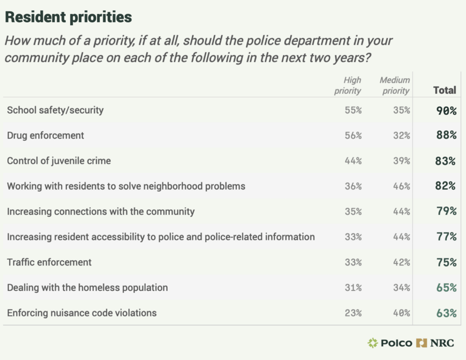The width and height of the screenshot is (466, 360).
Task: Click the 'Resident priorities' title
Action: [68, 17]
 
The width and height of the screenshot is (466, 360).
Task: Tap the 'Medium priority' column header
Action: [395, 85]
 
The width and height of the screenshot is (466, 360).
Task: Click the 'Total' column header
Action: [444, 90]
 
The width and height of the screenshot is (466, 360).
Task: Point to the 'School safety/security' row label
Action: [55, 110]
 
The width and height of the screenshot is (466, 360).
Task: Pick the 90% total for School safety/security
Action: [445, 110]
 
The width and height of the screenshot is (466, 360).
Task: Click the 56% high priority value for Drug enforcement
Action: [353, 136]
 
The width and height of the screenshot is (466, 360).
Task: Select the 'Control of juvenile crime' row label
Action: [59, 160]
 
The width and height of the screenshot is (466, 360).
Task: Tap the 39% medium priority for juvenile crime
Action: [401, 161]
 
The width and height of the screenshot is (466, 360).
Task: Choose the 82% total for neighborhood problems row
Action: [445, 186]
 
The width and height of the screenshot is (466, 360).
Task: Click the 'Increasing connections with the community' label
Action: [100, 211]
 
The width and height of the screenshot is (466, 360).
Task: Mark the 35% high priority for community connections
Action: [353, 212]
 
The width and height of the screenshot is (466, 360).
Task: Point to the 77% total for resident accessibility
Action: [445, 237]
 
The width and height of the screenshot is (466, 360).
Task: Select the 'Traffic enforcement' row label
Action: [49, 262]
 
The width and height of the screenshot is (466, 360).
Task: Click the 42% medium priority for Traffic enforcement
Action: [401, 262]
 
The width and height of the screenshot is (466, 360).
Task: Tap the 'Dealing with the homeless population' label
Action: [87, 287]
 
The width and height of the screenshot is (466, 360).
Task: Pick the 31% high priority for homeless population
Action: [353, 288]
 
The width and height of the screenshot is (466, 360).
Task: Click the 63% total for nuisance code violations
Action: [445, 313]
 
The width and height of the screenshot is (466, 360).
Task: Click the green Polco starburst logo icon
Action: [373, 342]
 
